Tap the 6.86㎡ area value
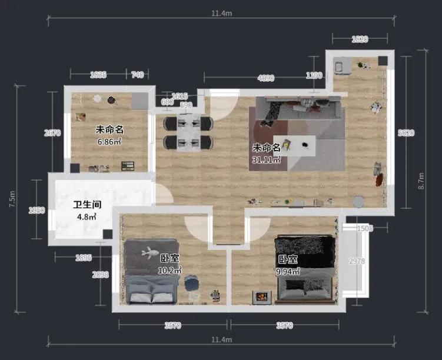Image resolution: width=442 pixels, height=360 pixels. pyautogui.click(x=109, y=141)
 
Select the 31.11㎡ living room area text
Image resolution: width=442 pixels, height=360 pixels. pyautogui.click(x=266, y=159)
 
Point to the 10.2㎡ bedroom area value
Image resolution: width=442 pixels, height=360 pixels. pyautogui.click(x=170, y=270)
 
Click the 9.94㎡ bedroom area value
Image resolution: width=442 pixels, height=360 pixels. pyautogui.click(x=288, y=271)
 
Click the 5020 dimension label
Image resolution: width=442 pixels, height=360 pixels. pyautogui.click(x=406, y=133)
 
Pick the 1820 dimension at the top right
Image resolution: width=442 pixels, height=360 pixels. pyautogui.click(x=360, y=39)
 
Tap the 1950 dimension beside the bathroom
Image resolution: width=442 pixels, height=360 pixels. pyautogui.click(x=36, y=211)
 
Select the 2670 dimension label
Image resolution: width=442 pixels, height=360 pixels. pyautogui.click(x=52, y=133)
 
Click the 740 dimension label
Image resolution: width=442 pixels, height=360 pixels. pyautogui.click(x=137, y=75)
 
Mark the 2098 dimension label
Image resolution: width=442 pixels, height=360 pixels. pyautogui.click(x=101, y=274)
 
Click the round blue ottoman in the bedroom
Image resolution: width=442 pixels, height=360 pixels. pyautogui.click(x=191, y=285)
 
